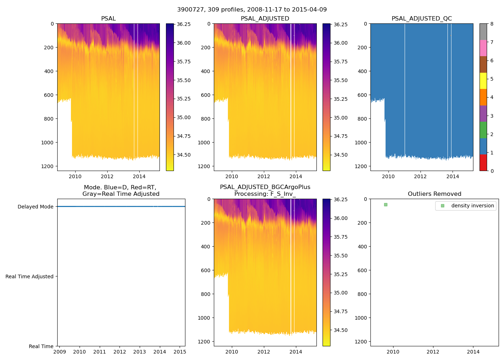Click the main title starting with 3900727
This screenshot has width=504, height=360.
pyautogui.click(x=252, y=10)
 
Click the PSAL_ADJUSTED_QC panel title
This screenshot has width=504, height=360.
pyautogui.click(x=422, y=19)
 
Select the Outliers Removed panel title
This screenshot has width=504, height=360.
pyautogui.click(x=434, y=194)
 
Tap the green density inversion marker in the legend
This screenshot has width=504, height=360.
pyautogui.click(x=442, y=206)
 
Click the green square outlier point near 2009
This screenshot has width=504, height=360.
pyautogui.click(x=386, y=204)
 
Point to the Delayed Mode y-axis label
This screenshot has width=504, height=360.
pyautogui.click(x=35, y=207)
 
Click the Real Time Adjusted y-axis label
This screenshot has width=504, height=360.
pyautogui.click(x=30, y=276)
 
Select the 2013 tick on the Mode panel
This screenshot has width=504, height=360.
pyautogui.click(x=140, y=352)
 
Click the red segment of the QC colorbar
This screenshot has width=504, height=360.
pyautogui.click(x=483, y=162)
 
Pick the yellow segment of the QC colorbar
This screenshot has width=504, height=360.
pyautogui.click(x=483, y=81)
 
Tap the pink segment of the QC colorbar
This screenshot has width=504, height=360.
pyautogui.click(x=483, y=48)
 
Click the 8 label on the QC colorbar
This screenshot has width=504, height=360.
pyautogui.click(x=492, y=24)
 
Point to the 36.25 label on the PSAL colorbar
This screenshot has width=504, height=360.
pyautogui.click(x=184, y=24)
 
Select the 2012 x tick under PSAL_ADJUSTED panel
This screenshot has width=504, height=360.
pyautogui.click(x=264, y=176)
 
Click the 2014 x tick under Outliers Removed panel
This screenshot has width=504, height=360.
pyautogui.click(x=473, y=352)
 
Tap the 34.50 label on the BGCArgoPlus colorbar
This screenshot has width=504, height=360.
pyautogui.click(x=341, y=330)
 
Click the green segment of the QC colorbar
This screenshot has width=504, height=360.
pyautogui.click(x=483, y=130)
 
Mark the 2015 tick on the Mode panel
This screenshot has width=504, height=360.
pyautogui.click(x=180, y=352)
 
